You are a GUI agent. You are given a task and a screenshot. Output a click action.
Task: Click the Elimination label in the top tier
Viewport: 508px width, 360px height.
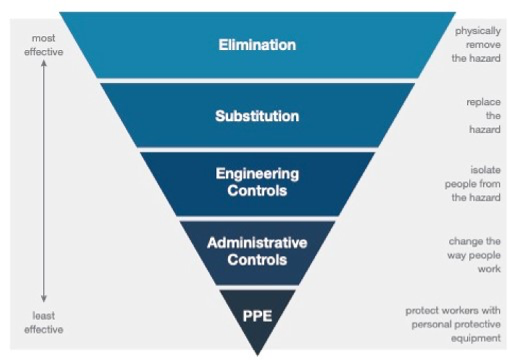pos(257,45)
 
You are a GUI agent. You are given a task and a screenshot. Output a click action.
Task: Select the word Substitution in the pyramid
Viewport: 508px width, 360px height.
pos(257,117)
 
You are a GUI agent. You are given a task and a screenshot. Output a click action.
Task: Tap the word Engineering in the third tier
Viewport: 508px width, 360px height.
pos(257,174)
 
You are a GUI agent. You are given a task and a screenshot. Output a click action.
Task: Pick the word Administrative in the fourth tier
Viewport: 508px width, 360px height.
pos(257,243)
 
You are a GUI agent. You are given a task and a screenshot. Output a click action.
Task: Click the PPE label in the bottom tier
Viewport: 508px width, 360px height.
pos(257,315)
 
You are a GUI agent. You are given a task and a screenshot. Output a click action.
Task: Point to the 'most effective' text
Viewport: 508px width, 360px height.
pos(44,45)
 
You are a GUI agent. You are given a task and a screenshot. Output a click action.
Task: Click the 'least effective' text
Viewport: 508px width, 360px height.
pos(44,323)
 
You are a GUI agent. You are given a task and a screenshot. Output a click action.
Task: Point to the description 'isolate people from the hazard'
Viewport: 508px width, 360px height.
pos(473,184)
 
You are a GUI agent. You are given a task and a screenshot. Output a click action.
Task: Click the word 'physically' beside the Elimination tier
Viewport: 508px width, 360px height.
pos(478,31)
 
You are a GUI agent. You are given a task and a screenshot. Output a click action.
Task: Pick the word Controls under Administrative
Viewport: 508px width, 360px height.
pos(257,261)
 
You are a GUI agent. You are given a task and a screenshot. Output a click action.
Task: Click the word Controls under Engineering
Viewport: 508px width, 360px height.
pos(257,190)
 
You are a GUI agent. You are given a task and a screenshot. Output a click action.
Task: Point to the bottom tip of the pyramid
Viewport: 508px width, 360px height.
pos(258,354)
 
